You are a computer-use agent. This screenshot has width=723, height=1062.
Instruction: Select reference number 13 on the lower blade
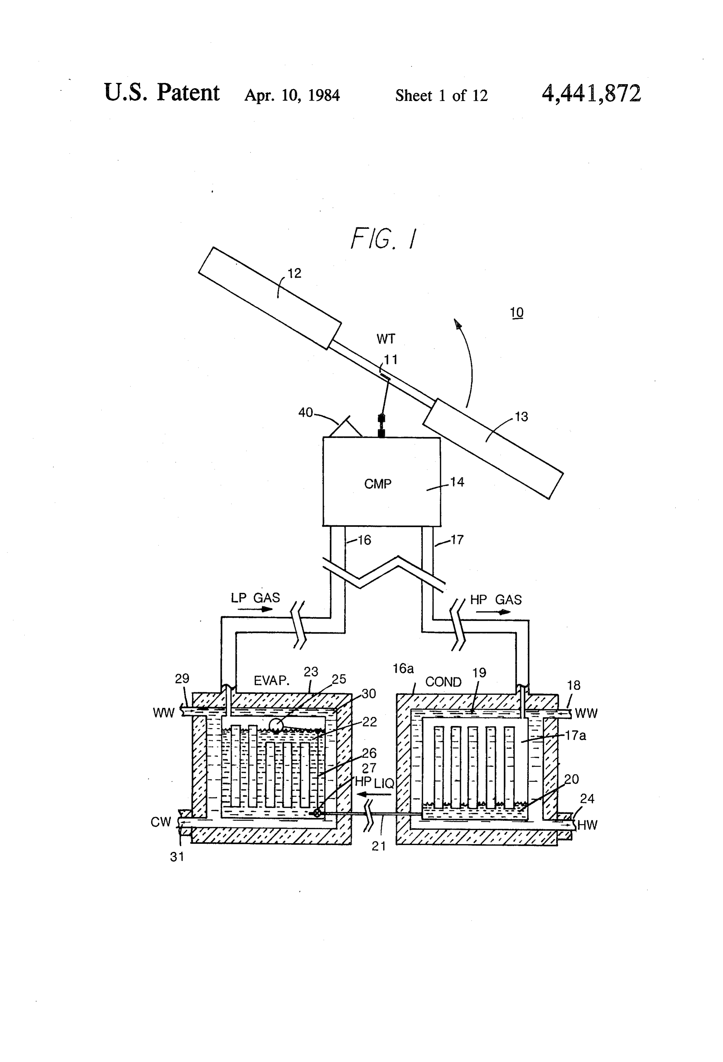521,416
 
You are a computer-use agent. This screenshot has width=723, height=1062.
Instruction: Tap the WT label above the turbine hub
386,339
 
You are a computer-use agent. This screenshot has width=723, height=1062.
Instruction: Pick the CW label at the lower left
160,822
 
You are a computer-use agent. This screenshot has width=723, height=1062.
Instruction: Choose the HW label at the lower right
587,825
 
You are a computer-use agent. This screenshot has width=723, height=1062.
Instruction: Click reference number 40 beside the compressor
305,412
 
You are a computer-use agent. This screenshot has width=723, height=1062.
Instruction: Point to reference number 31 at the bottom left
177,857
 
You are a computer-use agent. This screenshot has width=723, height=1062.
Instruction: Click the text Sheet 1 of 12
442,95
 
